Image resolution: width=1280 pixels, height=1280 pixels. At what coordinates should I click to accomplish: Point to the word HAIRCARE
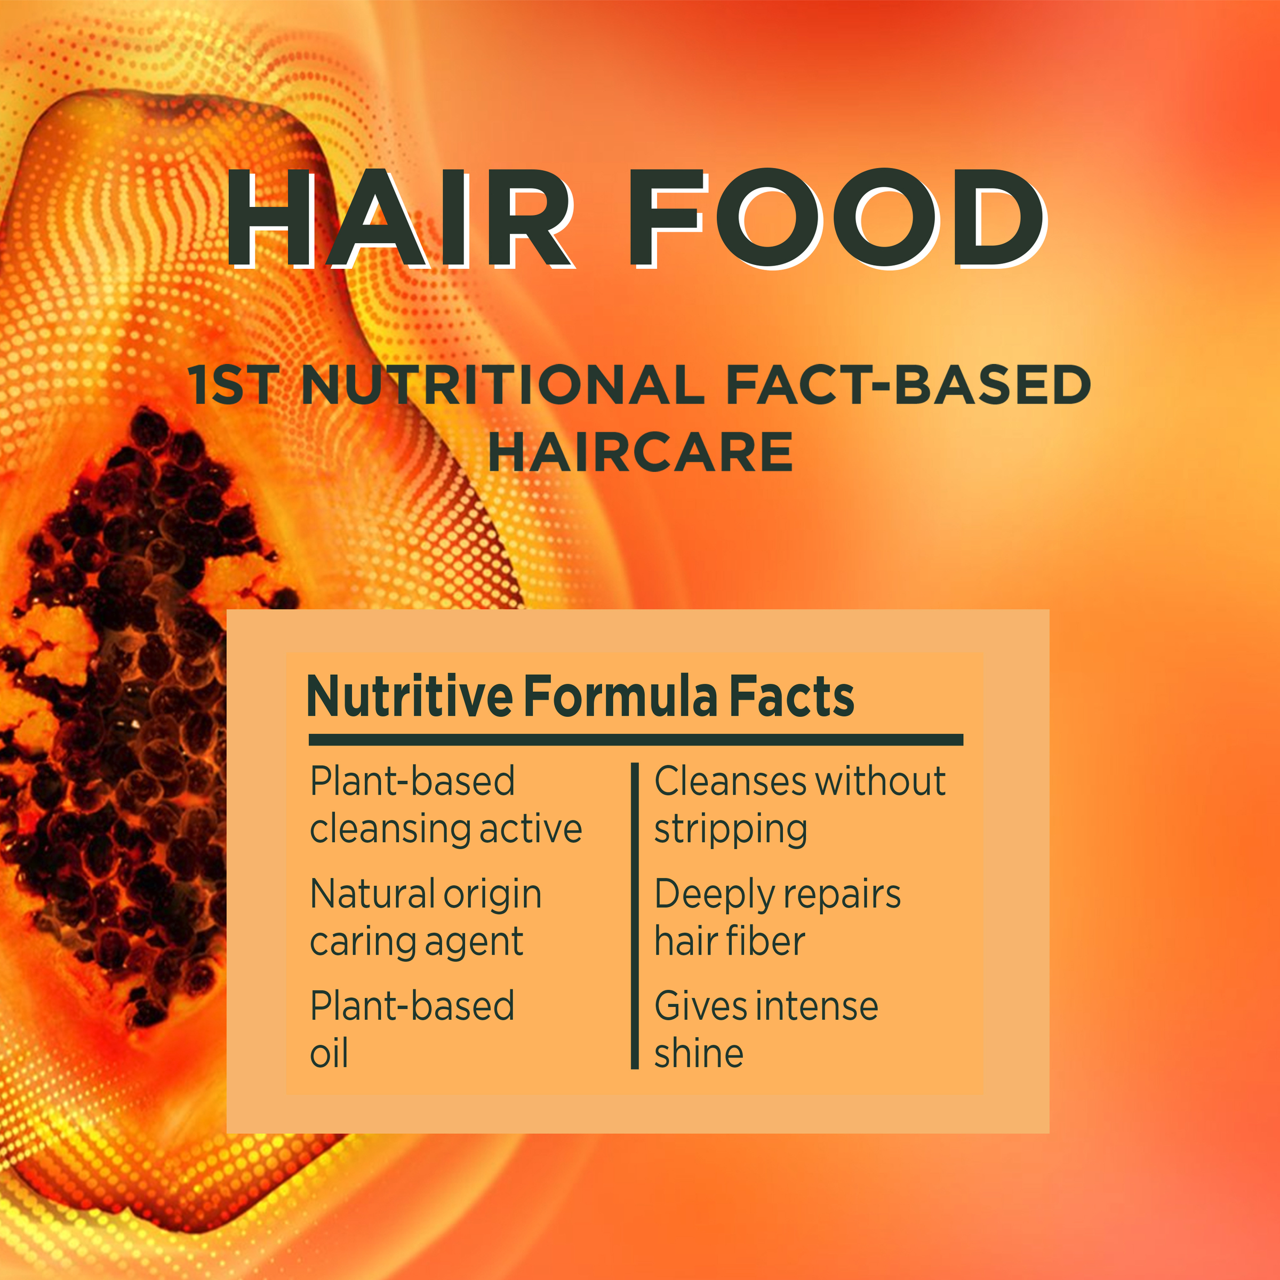click(x=640, y=452)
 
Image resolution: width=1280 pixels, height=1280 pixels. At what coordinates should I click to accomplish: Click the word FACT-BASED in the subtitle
click(x=908, y=385)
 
